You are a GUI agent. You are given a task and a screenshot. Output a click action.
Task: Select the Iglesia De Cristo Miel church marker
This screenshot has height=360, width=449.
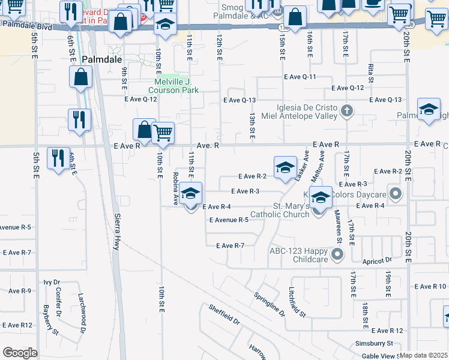tap(346, 110)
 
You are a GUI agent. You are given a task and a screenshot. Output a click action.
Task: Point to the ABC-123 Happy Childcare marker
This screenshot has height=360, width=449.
tap(337, 254)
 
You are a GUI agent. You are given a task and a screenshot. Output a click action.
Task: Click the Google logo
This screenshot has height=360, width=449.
tap(20, 353)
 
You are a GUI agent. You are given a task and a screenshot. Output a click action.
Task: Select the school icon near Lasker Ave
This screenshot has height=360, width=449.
tap(285, 167)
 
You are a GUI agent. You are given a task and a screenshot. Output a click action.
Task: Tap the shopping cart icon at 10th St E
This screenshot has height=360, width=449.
tap(163, 133)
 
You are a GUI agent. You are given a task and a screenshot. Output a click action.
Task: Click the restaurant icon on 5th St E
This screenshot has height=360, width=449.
tap(58, 158)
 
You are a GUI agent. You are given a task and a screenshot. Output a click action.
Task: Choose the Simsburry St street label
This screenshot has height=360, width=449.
tap(372, 343)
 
